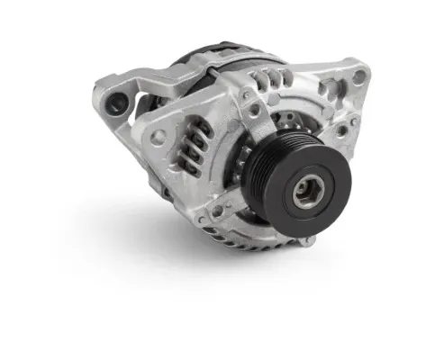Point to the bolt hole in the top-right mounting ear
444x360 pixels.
click(358, 76)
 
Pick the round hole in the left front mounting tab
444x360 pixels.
click(159, 138)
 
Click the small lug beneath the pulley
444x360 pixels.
click(307, 239)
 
